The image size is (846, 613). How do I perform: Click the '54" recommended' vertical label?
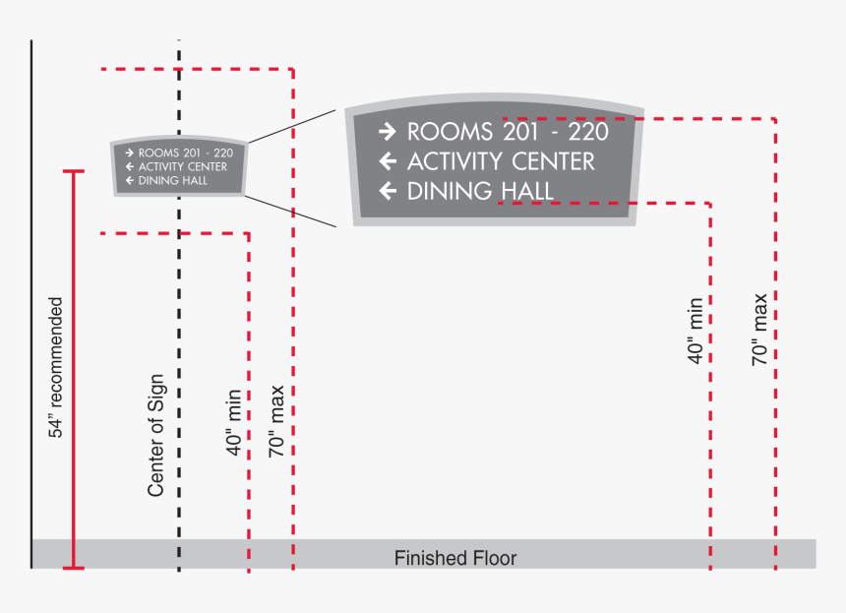point(56,367)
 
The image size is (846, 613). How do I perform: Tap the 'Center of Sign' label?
point(155,435)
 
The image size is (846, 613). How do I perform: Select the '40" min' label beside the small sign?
point(234,422)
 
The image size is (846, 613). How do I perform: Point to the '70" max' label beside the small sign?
point(276,419)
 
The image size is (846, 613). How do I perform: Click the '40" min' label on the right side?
point(695,331)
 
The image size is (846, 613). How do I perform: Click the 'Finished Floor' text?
point(455,559)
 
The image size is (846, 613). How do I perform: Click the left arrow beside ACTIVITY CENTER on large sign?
point(388,161)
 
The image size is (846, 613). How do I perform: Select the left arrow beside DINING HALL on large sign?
point(388,191)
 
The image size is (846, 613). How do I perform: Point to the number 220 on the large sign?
point(588,131)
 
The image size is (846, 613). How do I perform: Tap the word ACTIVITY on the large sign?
point(457,161)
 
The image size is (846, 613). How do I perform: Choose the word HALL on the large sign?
point(522,191)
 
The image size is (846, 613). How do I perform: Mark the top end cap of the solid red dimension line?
point(73,172)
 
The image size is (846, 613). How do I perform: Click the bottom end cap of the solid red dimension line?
point(73,568)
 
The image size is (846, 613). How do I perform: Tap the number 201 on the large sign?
point(522,131)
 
